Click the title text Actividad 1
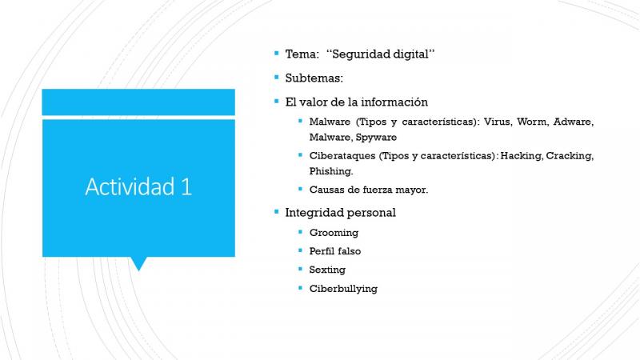[138, 186]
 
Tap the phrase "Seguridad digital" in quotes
[380, 54]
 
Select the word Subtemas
[314, 78]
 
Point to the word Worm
[532, 122]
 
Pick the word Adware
[573, 122]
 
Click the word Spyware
[376, 137]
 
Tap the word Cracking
[570, 155]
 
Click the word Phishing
[331, 171]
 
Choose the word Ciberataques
[342, 155]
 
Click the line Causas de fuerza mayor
[369, 190]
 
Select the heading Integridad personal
[341, 213]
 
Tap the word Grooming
[334, 233]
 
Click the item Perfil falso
[335, 251]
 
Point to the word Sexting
[327, 270]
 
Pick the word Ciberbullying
[343, 289]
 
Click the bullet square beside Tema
[277, 53]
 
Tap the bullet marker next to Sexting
[301, 269]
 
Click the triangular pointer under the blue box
[138, 263]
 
